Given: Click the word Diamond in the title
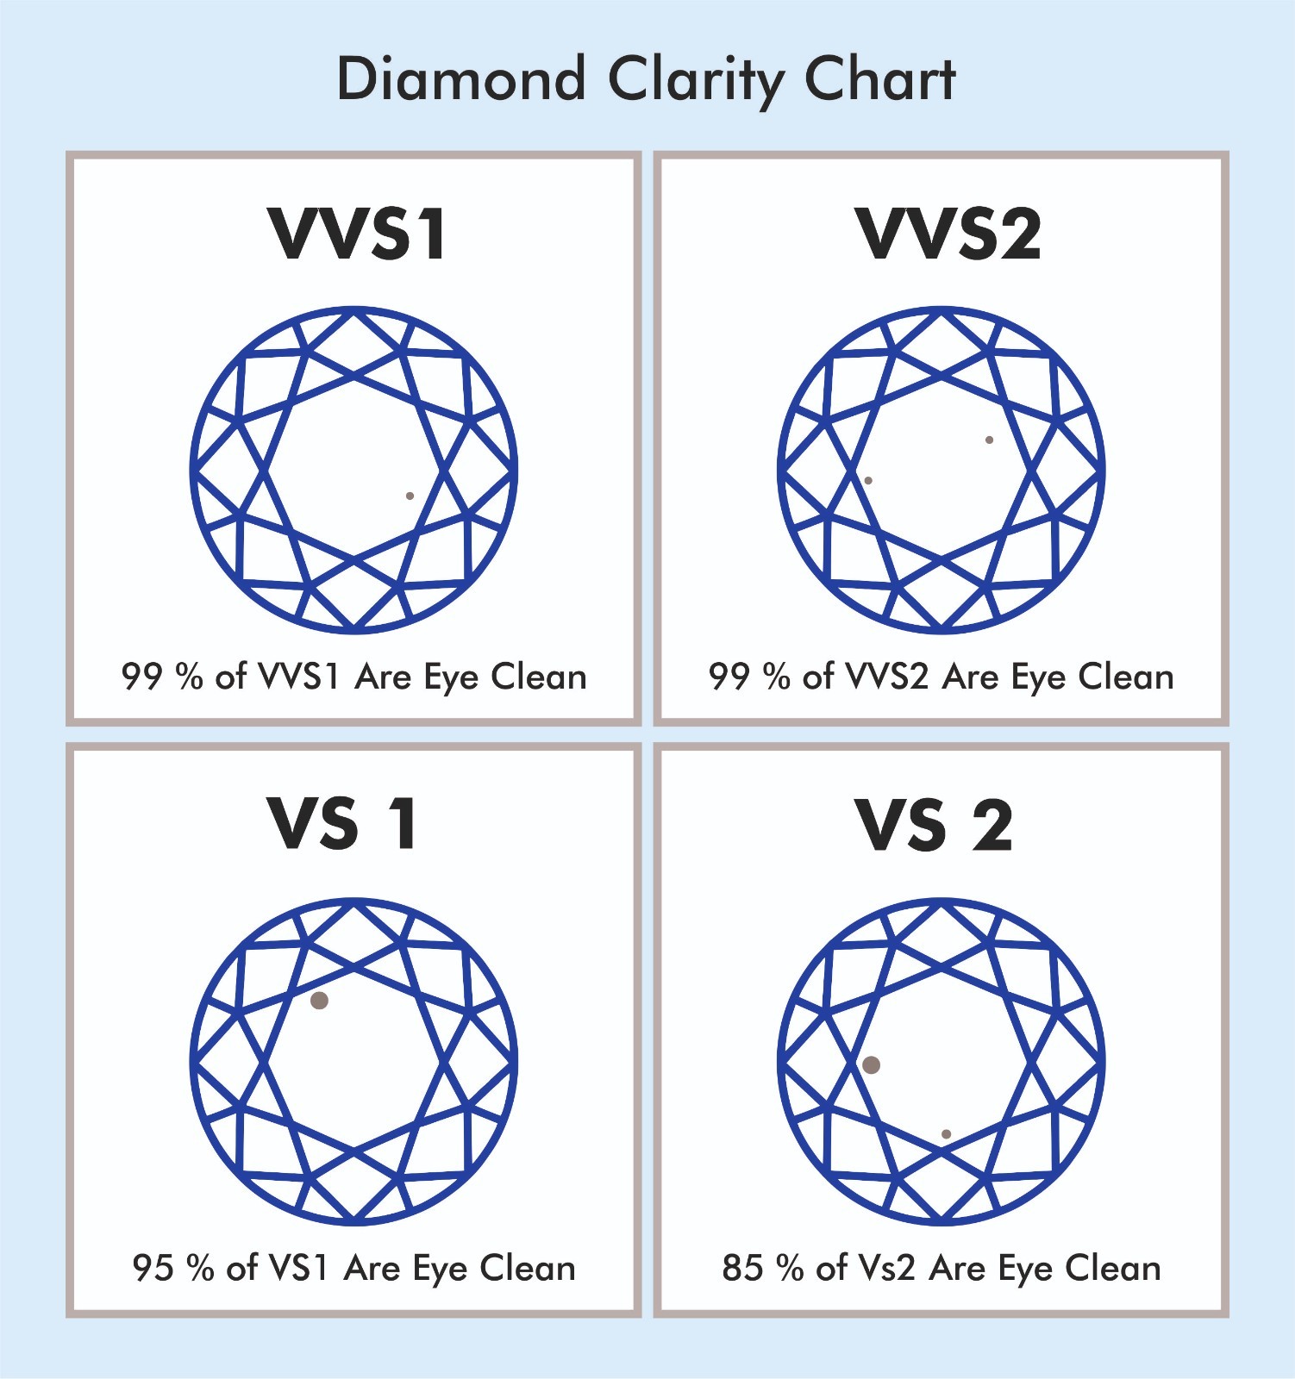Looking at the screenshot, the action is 461,79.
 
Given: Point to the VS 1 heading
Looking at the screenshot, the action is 343,824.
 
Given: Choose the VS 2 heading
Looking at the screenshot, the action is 934,825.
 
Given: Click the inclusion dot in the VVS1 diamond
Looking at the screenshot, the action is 410,496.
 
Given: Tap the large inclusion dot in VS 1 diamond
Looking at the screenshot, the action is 319,1000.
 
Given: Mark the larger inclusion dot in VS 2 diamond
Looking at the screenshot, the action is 871,1064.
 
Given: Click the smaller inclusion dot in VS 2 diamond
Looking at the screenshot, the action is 946,1134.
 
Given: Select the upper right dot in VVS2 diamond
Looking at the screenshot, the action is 989,440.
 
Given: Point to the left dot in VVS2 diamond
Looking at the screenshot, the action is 868,480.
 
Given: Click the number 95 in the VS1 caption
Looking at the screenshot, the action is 153,1268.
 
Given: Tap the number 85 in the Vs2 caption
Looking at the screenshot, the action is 742,1268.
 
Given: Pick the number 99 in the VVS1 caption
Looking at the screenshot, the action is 141,677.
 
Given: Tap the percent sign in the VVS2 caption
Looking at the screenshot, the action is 776,677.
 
